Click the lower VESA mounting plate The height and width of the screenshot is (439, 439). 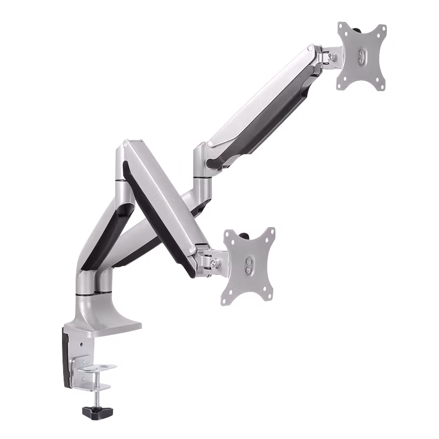tap(250, 266)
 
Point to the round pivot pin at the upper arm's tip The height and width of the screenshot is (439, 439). tap(311, 51)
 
